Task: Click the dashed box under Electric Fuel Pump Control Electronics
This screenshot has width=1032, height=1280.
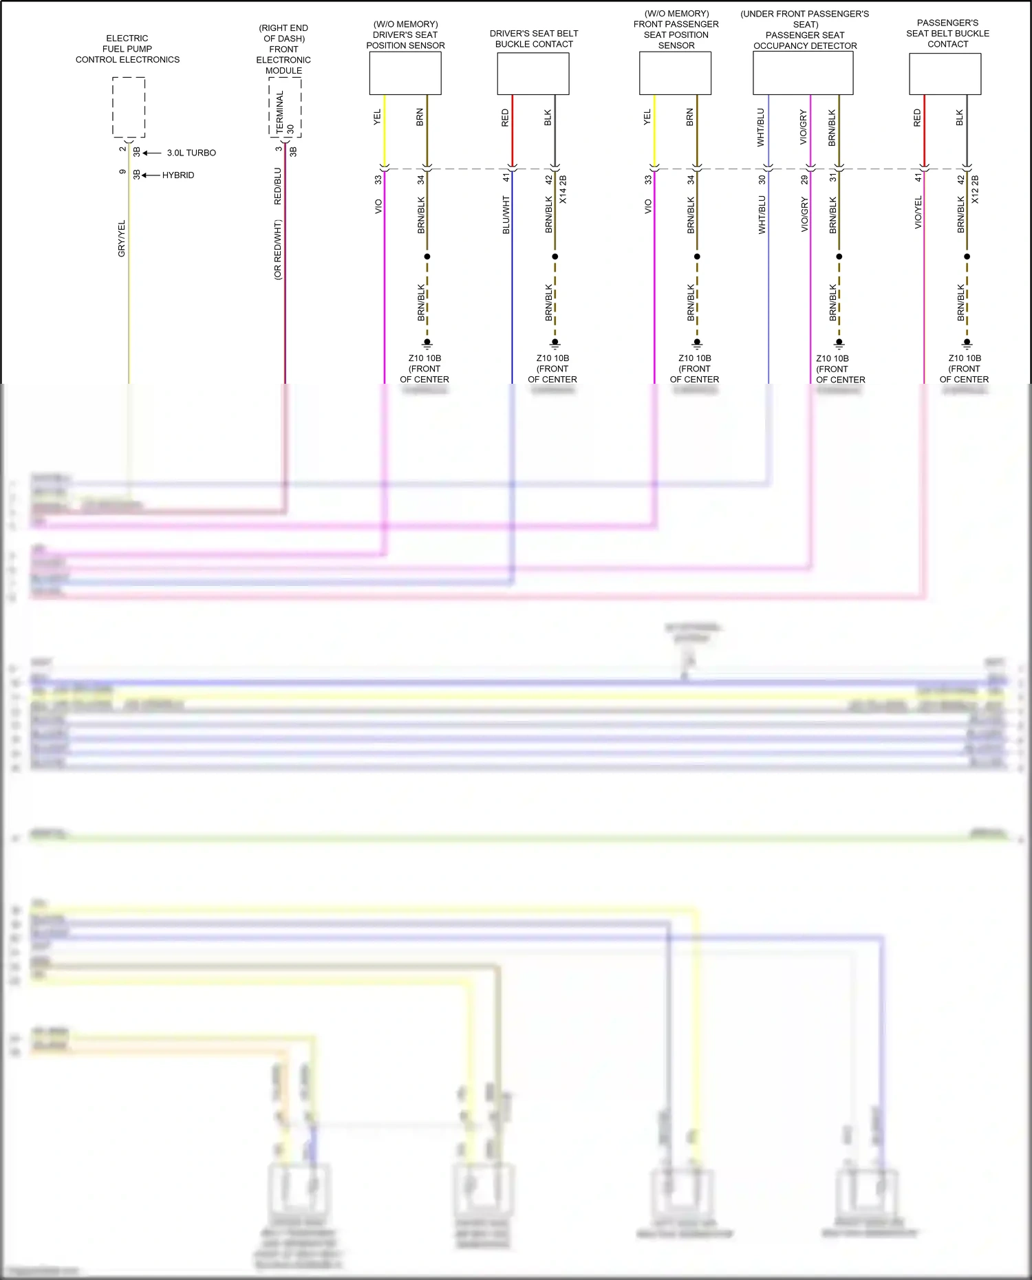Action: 129,107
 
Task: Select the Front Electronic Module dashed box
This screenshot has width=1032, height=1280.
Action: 285,107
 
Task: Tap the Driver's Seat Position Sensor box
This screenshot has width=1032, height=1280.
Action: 405,74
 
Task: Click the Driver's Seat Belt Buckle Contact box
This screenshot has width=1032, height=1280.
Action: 533,74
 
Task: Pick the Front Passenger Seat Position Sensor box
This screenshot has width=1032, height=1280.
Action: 675,74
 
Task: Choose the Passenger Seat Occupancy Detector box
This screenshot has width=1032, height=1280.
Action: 803,74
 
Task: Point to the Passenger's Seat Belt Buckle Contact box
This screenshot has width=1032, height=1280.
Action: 945,74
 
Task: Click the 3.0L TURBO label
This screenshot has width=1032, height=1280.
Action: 191,153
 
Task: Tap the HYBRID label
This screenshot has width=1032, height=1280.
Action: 178,175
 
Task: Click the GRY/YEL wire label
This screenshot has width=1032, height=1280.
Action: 122,239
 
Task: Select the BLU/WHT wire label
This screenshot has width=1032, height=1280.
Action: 506,215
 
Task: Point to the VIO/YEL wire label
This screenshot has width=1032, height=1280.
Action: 918,213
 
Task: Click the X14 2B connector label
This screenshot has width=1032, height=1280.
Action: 563,189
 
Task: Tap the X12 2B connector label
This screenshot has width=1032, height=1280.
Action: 975,189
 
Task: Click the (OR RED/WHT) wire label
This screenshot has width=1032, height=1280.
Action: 278,249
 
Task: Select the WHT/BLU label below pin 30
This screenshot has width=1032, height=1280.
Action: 762,215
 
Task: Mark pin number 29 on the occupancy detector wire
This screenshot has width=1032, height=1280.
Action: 804,180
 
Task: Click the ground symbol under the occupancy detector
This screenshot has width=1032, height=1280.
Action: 839,343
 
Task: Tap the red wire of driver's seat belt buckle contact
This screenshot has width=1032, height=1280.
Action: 513,131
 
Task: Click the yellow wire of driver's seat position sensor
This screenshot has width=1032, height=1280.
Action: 385,131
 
